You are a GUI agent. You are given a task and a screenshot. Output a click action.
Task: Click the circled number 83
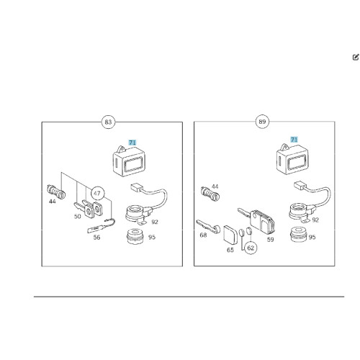coord(108,122)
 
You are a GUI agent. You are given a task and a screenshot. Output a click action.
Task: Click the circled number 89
coord(262,122)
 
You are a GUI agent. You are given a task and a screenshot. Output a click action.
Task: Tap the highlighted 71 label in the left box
coord(132,143)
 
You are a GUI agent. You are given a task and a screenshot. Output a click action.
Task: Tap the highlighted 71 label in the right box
coord(294,140)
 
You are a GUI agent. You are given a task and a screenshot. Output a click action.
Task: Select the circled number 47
coord(97,194)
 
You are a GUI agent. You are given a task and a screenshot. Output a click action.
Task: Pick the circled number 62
coord(251,248)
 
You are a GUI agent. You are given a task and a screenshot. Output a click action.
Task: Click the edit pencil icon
coord(356,57)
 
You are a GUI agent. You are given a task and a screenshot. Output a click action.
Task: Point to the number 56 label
coord(96,238)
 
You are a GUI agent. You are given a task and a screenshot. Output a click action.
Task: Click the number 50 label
coord(77,217)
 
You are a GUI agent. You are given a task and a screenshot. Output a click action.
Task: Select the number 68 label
coord(203,235)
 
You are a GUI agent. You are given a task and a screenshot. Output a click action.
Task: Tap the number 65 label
coord(230,250)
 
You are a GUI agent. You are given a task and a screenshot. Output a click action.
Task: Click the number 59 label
coord(270,240)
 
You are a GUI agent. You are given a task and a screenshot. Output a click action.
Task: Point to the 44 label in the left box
coord(52,201)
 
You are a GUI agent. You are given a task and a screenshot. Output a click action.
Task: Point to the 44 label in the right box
coord(215,186)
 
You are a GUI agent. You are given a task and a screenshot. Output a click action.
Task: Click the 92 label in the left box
coord(155,222)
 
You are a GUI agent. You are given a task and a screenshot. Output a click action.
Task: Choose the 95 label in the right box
coord(312,238)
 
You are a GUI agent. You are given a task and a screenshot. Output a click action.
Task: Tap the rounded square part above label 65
coord(230,234)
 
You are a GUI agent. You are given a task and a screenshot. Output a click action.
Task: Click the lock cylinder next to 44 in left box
coord(57,192)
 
